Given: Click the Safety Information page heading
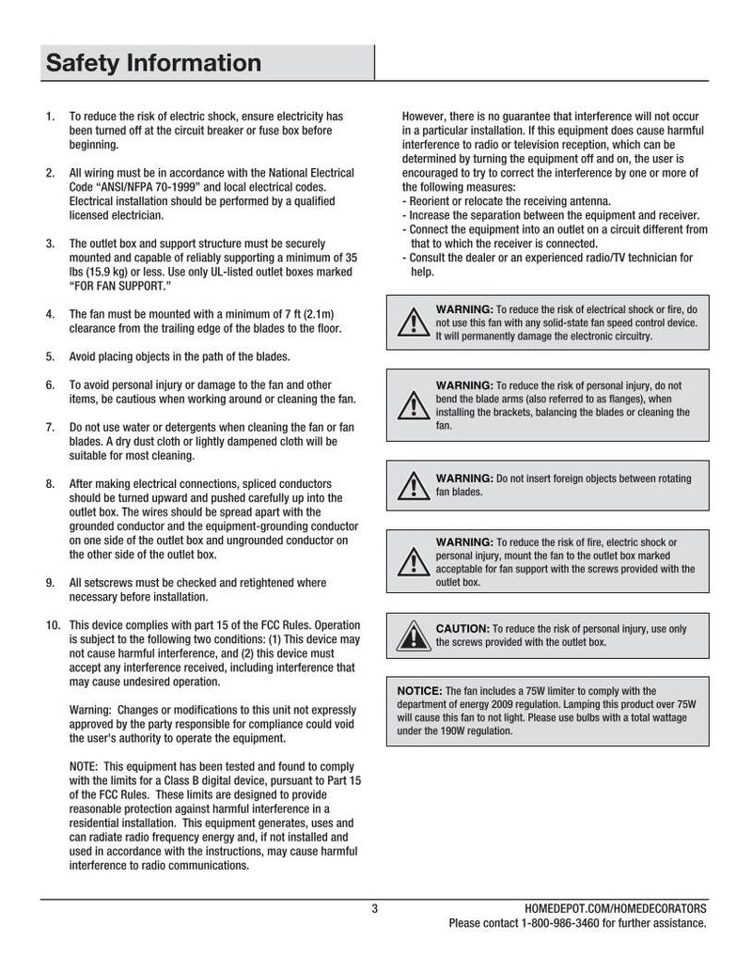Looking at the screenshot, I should pos(153,63).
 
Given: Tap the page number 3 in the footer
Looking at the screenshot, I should pos(375,908).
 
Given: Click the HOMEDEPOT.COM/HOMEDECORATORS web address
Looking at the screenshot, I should pos(615,908).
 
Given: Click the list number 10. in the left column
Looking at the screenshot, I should pos(53,625).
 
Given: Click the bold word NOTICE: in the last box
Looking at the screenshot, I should pos(419,690).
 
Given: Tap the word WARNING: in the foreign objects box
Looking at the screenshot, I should pos(463,479).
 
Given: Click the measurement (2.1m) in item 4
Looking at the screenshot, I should pos(317,314).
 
